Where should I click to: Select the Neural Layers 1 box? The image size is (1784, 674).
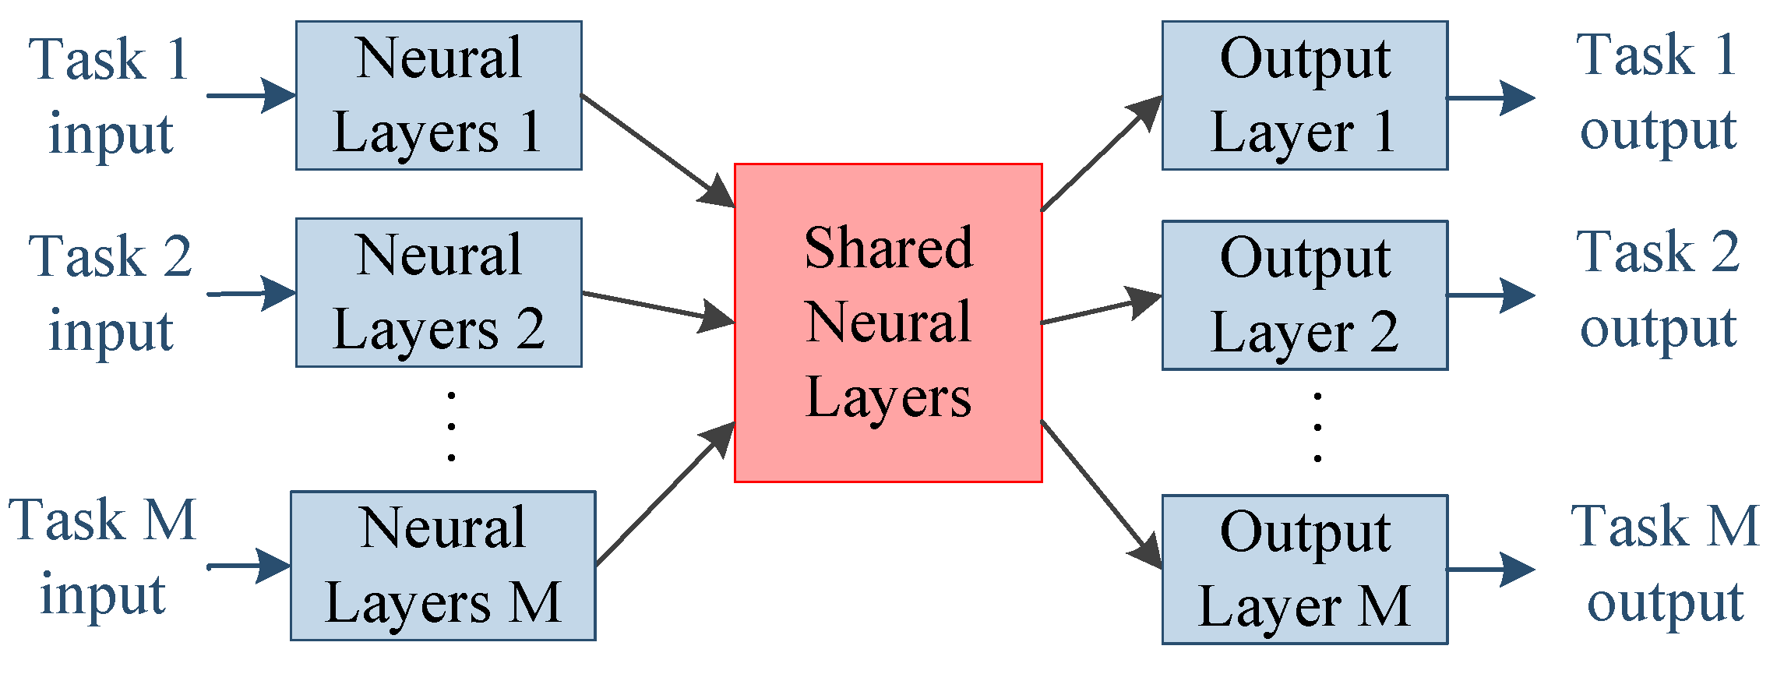[x=439, y=95]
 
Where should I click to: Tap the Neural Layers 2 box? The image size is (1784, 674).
[x=439, y=292]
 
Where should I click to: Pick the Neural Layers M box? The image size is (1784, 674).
[x=442, y=566]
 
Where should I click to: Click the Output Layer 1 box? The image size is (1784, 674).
[x=1305, y=95]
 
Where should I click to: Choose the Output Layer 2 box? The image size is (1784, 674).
[x=1305, y=295]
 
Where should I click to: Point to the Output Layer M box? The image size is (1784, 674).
[x=1305, y=570]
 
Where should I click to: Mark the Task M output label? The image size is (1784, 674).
[x=1666, y=563]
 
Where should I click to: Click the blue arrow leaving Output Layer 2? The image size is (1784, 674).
[x=1490, y=295]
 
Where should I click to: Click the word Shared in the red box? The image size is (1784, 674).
[x=888, y=248]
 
